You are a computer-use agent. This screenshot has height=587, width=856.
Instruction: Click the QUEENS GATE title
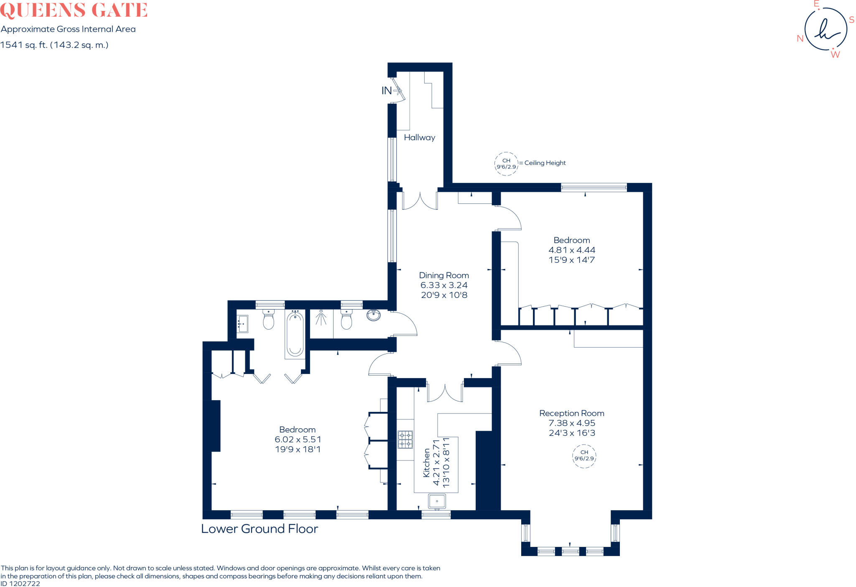pyautogui.click(x=74, y=10)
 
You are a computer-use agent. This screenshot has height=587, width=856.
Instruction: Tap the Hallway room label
pyautogui.click(x=419, y=137)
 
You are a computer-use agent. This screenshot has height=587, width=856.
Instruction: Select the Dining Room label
pyautogui.click(x=444, y=275)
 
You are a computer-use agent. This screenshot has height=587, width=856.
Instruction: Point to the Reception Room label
pyautogui.click(x=572, y=413)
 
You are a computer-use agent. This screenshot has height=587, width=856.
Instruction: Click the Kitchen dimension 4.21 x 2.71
pyautogui.click(x=436, y=462)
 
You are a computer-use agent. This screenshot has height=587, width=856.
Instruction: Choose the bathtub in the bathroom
pyautogui.click(x=295, y=334)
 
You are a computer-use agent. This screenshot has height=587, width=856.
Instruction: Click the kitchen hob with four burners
pyautogui.click(x=405, y=440)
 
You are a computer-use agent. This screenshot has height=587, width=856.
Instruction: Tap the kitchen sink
pyautogui.click(x=437, y=501)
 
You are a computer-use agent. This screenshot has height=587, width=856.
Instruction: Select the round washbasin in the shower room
pyautogui.click(x=374, y=315)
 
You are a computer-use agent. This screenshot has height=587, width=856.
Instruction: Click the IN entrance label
pyautogui.click(x=387, y=91)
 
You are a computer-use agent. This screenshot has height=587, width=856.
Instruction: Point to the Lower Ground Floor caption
pyautogui.click(x=260, y=529)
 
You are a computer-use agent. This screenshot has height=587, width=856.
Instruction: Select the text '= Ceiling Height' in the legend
pyautogui.click(x=543, y=163)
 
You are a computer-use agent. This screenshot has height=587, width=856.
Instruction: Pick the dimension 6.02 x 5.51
pyautogui.click(x=298, y=440)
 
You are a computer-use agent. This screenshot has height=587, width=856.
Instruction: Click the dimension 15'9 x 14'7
pyautogui.click(x=572, y=260)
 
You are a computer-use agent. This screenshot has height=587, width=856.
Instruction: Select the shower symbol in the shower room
pyautogui.click(x=321, y=318)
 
